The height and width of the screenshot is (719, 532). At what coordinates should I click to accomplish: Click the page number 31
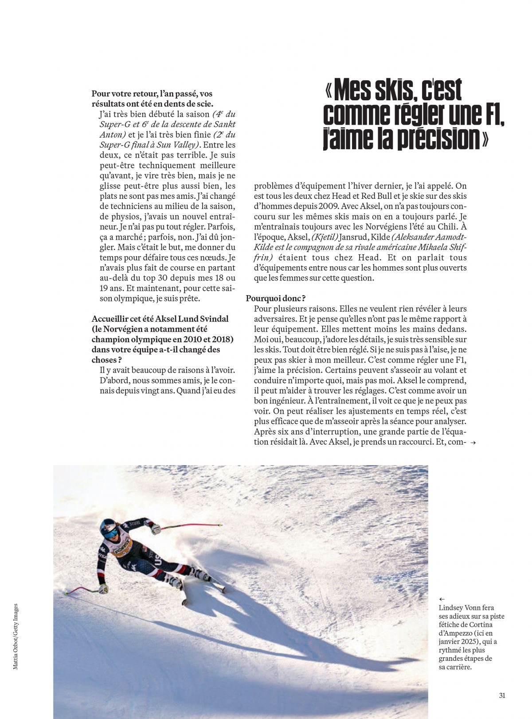click(502, 695)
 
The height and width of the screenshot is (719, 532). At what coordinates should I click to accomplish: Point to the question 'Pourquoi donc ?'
click(276, 298)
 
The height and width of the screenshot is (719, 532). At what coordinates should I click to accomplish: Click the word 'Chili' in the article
click(447, 227)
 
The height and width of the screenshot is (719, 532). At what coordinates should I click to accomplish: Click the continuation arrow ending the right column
click(473, 442)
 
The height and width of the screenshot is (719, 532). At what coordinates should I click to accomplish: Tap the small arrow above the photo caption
click(442, 599)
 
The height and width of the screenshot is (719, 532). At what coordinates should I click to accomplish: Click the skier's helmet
click(108, 528)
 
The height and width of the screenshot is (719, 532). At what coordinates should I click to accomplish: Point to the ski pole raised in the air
click(191, 526)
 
